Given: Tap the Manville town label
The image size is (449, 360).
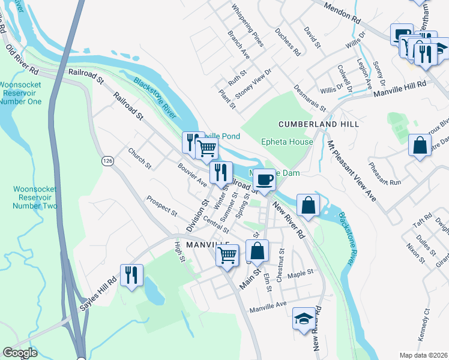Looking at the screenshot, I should click(x=208, y=245).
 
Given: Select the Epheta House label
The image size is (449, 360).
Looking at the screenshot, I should click(x=287, y=142).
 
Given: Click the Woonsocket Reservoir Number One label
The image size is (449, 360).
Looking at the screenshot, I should click(x=20, y=93).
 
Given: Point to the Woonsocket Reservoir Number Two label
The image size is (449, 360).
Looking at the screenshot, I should click(x=28, y=197).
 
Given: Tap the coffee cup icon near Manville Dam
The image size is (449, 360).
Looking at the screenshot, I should click(x=264, y=179).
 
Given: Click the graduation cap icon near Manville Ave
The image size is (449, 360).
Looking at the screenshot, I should click(x=304, y=319).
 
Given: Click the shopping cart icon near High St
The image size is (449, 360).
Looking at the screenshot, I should click(x=227, y=256).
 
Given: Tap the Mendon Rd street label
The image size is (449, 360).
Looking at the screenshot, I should click(x=342, y=13).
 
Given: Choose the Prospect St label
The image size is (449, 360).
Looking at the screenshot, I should click(x=162, y=206).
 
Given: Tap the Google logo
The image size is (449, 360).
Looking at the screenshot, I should click(x=20, y=353).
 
